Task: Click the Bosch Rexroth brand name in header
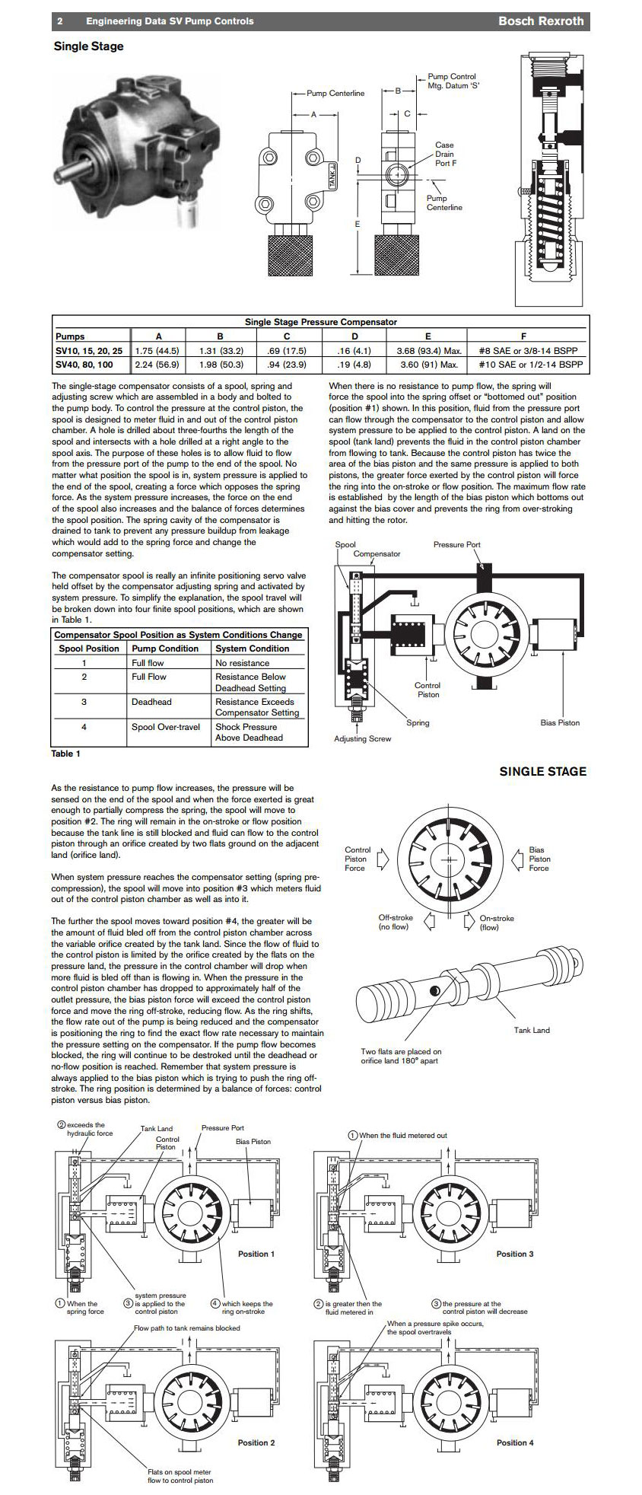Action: pos(540,21)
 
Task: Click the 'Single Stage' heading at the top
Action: pos(88,46)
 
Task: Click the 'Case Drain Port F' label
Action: pos(445,154)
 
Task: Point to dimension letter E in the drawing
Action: pos(357,224)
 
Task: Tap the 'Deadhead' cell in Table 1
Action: pos(151,702)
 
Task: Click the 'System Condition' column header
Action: pos(252,649)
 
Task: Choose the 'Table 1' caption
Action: pos(65,754)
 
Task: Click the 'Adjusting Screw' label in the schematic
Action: pos(362,738)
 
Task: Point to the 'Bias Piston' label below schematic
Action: pos(560,722)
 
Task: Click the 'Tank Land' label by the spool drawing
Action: pos(532,1030)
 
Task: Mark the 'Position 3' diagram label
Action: pos(515,1254)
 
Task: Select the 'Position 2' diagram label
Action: pos(256,1442)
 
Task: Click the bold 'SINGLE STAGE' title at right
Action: pos(542,772)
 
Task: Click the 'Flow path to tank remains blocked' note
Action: pos(187,1328)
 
